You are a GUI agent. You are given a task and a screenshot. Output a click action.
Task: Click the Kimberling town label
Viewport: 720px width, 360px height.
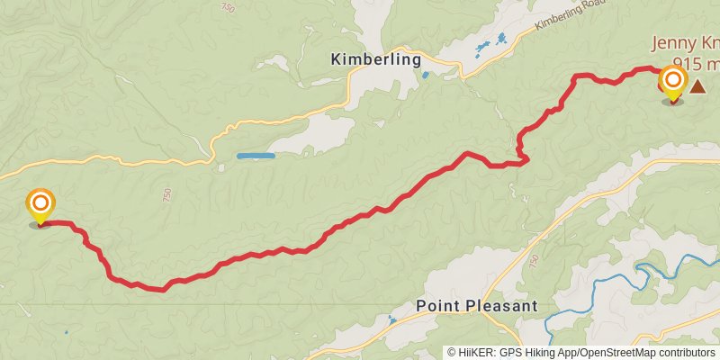click(x=376, y=60)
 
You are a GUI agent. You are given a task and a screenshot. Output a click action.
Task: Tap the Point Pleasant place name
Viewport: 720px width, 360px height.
click(x=477, y=306)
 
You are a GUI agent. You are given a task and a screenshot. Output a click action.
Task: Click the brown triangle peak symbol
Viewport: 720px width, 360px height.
click(x=697, y=85)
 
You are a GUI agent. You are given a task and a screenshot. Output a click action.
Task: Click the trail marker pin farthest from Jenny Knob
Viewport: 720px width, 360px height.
click(x=40, y=205)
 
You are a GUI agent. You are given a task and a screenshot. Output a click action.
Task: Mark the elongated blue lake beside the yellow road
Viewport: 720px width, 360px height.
click(x=256, y=156)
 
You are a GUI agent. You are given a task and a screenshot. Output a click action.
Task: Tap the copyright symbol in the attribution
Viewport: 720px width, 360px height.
click(x=452, y=353)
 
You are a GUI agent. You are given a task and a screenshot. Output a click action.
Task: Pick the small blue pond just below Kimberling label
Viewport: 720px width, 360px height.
click(x=425, y=76)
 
